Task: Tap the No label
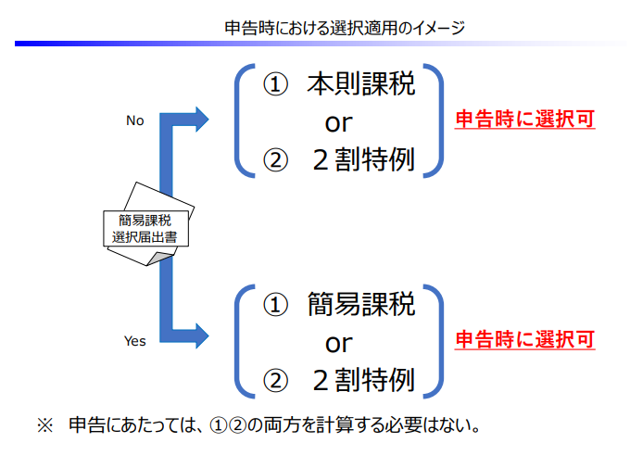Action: coord(135,120)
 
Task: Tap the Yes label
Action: coord(135,341)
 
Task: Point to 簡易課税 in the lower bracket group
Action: coord(361,304)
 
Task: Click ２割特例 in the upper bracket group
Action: coord(361,159)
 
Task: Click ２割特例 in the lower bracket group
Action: coord(361,379)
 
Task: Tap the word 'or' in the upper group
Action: coord(338,121)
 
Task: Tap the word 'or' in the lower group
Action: coord(338,342)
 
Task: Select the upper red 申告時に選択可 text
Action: coord(524,120)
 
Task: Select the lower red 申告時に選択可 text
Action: coord(524,339)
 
